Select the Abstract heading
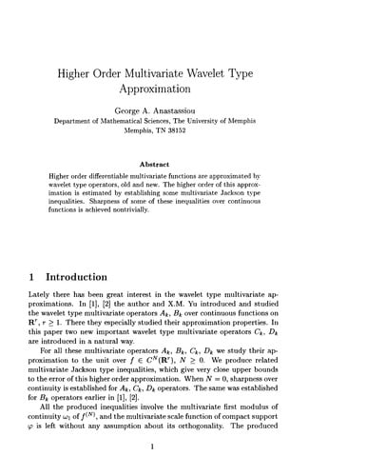(183, 163)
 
